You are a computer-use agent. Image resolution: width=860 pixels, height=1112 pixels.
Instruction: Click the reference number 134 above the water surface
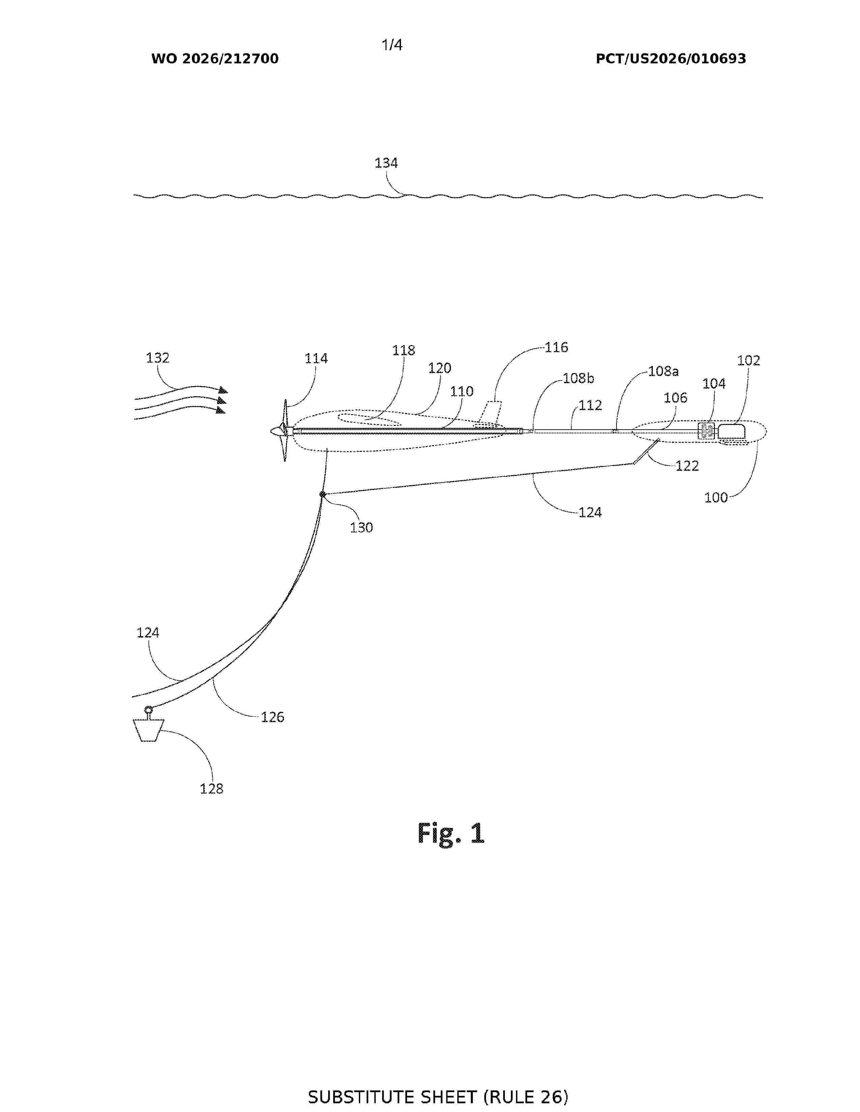tap(386, 163)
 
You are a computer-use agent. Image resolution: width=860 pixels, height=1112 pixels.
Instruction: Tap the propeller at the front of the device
tap(282, 431)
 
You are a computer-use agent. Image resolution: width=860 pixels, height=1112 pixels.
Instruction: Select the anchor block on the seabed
tap(148, 730)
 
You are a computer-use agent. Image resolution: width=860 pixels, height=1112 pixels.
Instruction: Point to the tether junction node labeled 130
tap(322, 494)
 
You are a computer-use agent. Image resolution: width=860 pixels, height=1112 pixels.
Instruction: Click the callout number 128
tap(211, 789)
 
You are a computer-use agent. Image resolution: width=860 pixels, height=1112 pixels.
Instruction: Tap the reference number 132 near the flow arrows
tap(157, 358)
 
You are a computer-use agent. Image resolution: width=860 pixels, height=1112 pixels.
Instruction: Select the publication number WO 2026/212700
tap(215, 59)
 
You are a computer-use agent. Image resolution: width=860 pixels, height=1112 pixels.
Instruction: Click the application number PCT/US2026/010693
tap(671, 59)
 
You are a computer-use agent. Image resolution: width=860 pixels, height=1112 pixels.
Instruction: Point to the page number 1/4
tap(392, 45)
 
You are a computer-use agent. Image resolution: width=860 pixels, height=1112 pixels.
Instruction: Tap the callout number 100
tap(716, 497)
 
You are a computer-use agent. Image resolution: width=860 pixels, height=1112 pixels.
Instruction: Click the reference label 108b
tap(579, 379)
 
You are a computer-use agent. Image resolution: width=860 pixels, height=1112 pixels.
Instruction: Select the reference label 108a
tap(663, 371)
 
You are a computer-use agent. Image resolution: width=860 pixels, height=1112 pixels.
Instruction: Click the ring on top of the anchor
tap(148, 709)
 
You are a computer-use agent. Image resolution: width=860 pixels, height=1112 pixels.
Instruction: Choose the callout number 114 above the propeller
tap(316, 359)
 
